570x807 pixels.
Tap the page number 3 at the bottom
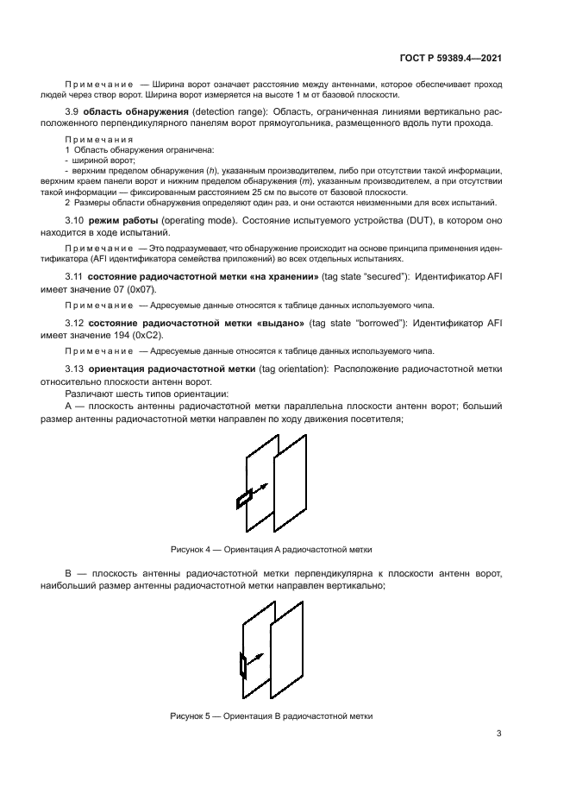pyautogui.click(x=499, y=734)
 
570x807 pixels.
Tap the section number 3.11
pyautogui.click(x=75, y=275)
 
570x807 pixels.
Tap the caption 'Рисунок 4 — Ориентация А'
pyautogui.click(x=272, y=549)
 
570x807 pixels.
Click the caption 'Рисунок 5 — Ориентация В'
pyautogui.click(x=272, y=716)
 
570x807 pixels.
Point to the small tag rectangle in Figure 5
pyautogui.click(x=242, y=665)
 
